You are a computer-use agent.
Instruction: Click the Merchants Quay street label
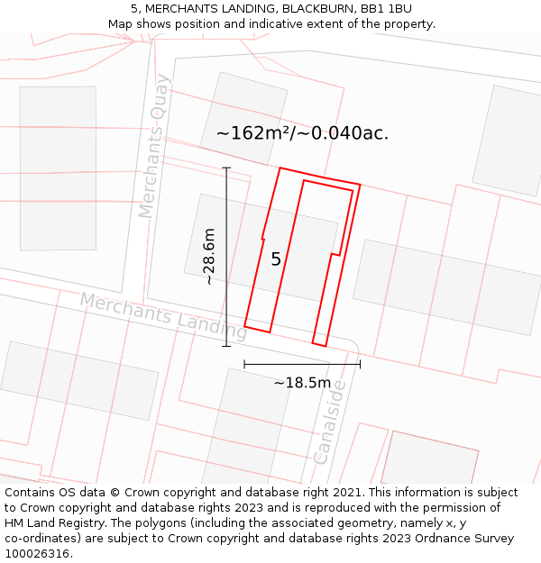(153, 146)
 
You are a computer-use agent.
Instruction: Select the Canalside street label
(330, 422)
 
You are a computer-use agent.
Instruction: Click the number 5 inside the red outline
(276, 259)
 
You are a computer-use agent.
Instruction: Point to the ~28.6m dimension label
(209, 257)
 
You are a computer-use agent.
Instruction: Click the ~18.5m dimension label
(302, 383)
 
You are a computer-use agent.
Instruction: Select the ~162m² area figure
(251, 133)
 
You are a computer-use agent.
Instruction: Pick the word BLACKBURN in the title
(310, 9)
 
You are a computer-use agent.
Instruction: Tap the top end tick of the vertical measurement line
(226, 168)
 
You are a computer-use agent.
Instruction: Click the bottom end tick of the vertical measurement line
(226, 346)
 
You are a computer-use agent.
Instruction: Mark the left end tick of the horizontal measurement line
(244, 364)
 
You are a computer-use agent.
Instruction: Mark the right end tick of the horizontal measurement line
(360, 364)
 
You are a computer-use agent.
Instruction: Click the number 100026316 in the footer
(37, 554)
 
